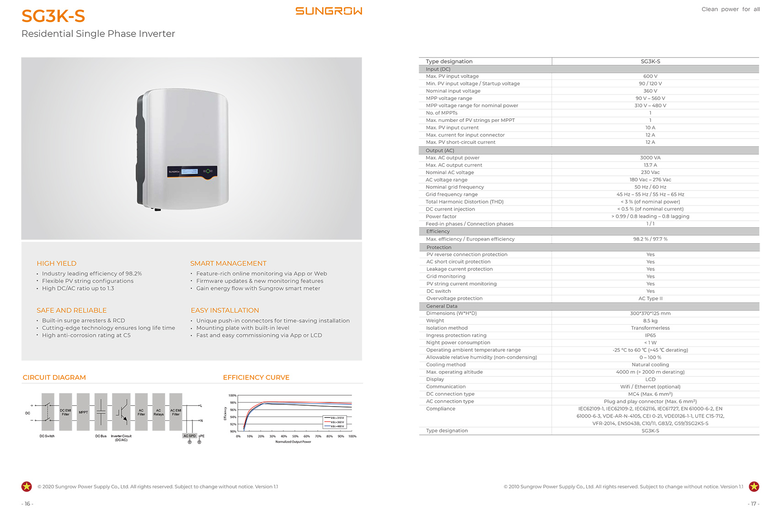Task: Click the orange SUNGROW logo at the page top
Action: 329,11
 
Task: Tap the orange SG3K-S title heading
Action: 53,16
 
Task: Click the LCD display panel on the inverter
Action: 190,171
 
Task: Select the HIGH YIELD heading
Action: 56,264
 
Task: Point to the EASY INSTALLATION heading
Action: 224,311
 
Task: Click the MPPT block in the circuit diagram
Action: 83,412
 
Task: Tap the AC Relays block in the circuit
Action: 158,412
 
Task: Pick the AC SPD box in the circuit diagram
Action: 189,436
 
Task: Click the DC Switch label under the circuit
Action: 47,436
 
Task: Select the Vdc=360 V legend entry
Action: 337,422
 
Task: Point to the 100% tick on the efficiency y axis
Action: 232,396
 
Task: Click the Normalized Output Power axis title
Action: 293,442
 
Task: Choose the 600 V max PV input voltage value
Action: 650,76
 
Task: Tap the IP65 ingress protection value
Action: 650,335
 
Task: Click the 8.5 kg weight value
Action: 650,321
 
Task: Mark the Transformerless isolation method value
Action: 650,328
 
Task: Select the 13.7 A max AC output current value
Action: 650,165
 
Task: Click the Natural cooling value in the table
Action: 650,365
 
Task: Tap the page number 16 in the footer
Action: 27,503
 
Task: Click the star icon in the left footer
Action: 27,487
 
